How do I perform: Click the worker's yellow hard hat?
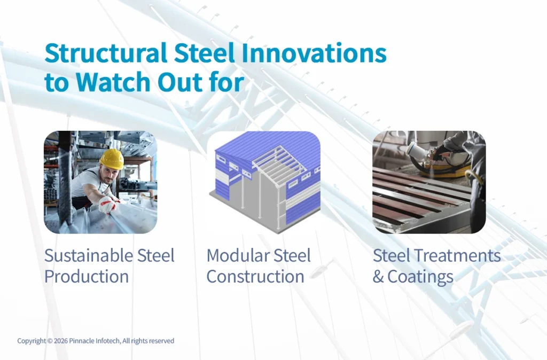[112, 158]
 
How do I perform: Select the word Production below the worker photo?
[87, 277]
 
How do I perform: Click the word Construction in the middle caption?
[255, 277]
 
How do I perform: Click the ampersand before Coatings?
[378, 277]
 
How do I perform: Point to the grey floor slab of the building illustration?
[235, 211]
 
